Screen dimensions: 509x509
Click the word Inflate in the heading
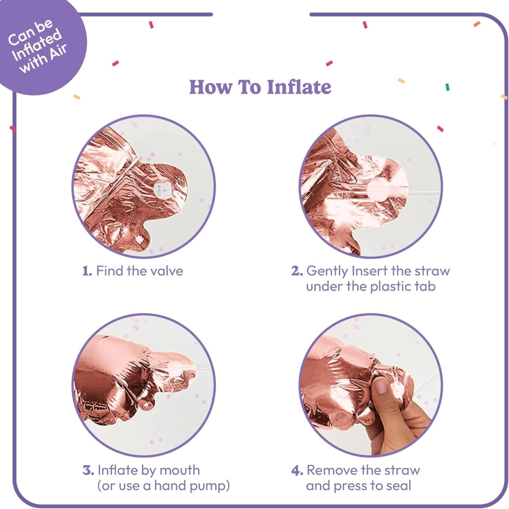(299, 87)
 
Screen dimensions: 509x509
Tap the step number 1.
(87, 271)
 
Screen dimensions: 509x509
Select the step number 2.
(297, 271)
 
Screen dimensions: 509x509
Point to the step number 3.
(88, 470)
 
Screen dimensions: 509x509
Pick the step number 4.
(297, 470)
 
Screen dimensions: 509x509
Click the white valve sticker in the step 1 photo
(161, 188)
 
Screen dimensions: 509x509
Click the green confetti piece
(447, 87)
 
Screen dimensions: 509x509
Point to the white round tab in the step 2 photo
(379, 188)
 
